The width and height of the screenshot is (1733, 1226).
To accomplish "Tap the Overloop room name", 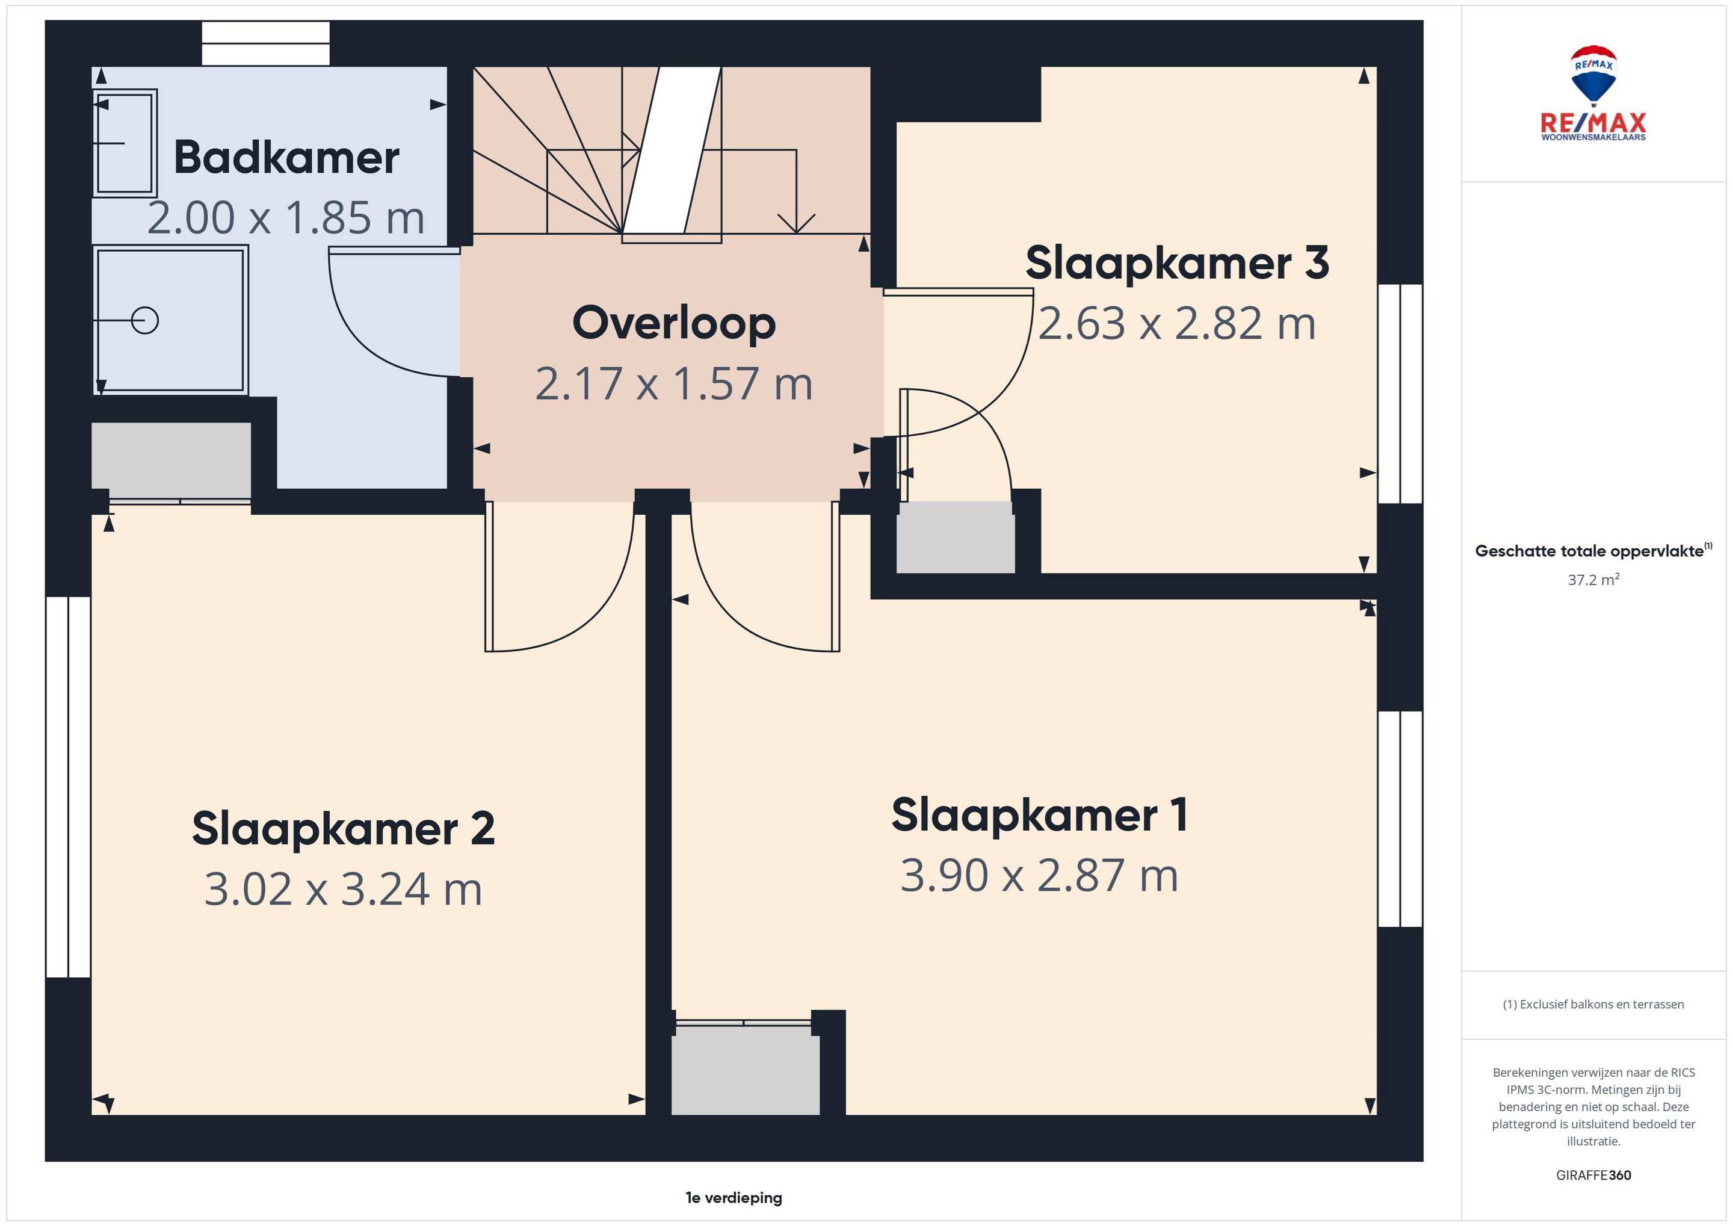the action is point(674,323).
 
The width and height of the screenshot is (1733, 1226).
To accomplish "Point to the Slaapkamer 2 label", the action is point(344,828).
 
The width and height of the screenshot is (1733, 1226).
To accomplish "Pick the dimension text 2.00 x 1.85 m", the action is point(286,217).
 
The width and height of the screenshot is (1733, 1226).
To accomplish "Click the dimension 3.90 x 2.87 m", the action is point(1039,875).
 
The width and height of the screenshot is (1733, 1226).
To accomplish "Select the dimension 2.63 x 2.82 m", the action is point(1177,323).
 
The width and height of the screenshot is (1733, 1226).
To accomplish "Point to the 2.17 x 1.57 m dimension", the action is point(674,383).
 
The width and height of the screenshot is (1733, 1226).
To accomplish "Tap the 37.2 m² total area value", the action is point(1593,580).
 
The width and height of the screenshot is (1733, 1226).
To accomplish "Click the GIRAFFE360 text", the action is point(1593,1175).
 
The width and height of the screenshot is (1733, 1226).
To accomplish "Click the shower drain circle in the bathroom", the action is point(145,321).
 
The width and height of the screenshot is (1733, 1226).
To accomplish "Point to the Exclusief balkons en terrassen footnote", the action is point(1593,1004).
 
